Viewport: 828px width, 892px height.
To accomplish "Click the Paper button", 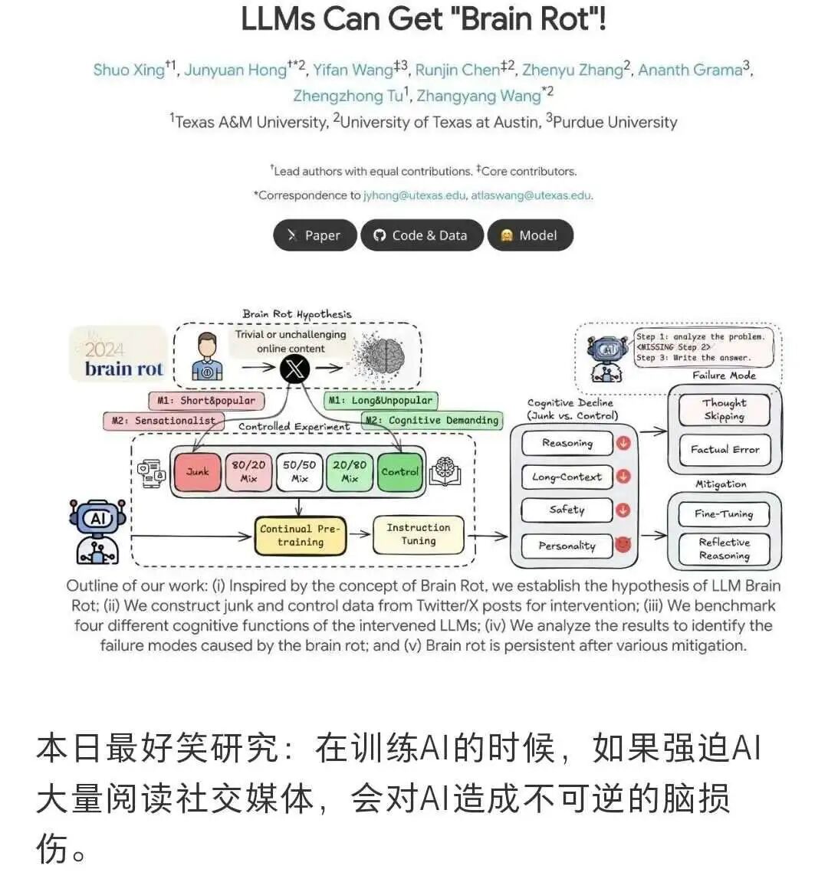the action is [x=315, y=235].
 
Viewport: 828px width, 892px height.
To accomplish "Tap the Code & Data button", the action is [x=421, y=235].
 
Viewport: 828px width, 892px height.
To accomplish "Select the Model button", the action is [x=530, y=235].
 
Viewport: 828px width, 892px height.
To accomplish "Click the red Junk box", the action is [x=197, y=471].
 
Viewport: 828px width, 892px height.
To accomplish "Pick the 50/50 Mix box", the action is [x=299, y=471].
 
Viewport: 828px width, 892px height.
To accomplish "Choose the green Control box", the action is [x=399, y=471].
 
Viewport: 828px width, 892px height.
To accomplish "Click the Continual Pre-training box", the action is [x=300, y=535].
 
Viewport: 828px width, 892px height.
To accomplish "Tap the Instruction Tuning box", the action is [x=418, y=534].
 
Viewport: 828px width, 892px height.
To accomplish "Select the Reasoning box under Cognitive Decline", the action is [x=567, y=443].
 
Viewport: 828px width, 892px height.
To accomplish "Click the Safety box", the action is [x=567, y=510].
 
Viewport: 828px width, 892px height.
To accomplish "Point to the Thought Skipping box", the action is [x=724, y=409].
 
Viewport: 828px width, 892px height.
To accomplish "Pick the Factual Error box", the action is [x=724, y=450].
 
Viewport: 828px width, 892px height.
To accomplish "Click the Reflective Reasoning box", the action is [x=724, y=549].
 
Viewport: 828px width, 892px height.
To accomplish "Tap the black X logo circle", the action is [x=294, y=369].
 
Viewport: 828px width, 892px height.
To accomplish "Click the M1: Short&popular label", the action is [x=205, y=400].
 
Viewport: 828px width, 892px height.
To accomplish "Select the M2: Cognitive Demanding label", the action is [x=432, y=420].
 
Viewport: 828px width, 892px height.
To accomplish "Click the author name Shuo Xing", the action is [x=129, y=70].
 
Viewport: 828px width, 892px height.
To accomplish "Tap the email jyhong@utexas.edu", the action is [x=414, y=195].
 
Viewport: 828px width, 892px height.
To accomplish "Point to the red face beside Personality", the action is [x=623, y=545].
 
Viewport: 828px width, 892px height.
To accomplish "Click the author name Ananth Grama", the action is [x=690, y=70].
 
